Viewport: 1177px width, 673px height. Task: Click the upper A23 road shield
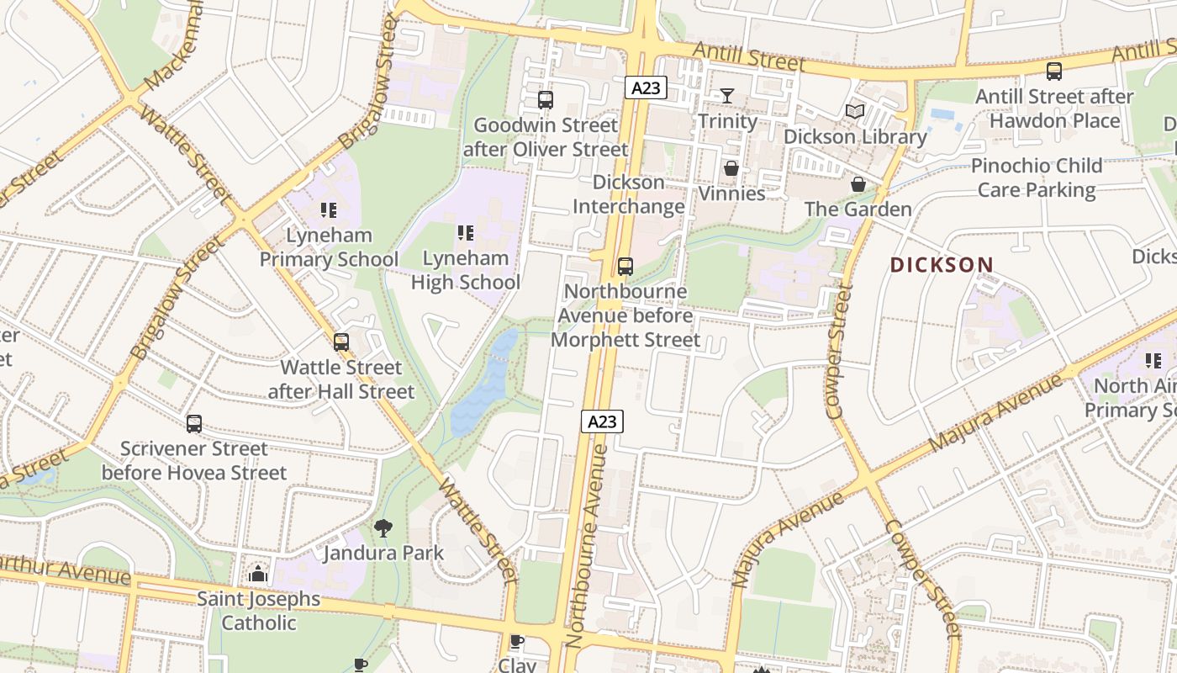[x=646, y=87]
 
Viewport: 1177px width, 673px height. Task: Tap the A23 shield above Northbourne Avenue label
[x=602, y=421]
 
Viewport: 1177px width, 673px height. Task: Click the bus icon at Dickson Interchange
[x=625, y=267]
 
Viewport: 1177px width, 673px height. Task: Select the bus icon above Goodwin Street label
[x=545, y=100]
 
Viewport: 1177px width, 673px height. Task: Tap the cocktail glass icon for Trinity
[x=727, y=96]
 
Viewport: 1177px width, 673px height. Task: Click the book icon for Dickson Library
[x=855, y=111]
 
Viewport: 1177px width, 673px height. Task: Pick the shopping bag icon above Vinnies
[x=731, y=169]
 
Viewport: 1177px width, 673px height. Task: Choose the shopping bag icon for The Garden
[x=858, y=184]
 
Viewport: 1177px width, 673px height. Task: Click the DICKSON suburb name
[x=942, y=265]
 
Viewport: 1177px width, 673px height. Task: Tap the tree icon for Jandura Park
[x=383, y=528]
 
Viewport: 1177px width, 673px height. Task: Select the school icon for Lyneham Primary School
[x=329, y=210]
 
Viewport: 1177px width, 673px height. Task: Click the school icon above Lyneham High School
[x=465, y=233]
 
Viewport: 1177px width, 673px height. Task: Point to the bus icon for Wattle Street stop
[x=340, y=342]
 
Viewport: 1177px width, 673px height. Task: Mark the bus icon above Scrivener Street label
[x=194, y=423]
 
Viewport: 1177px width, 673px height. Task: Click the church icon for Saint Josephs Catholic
[x=258, y=575]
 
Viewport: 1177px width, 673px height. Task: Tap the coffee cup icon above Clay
[x=517, y=642]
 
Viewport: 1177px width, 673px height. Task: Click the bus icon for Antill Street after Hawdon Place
[x=1053, y=72]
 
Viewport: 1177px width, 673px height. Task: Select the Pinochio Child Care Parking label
[x=1036, y=178]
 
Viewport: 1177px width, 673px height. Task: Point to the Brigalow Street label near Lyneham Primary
[x=177, y=299]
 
